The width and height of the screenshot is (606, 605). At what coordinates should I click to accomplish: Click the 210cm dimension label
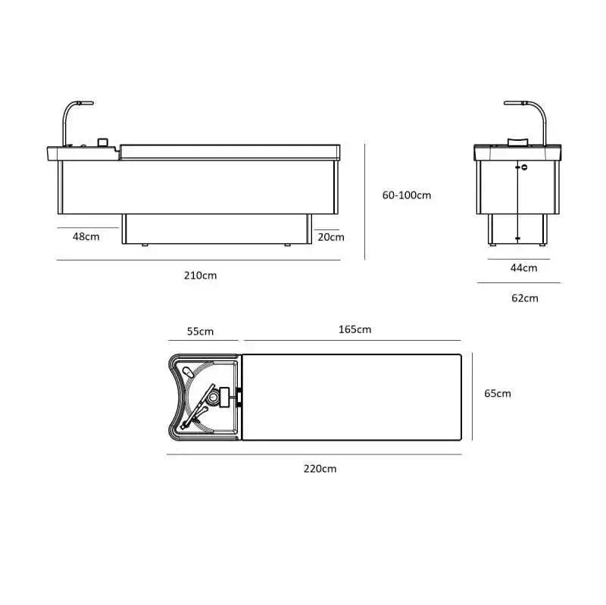pyautogui.click(x=200, y=276)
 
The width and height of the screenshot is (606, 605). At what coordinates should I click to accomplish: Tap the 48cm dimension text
pyautogui.click(x=86, y=236)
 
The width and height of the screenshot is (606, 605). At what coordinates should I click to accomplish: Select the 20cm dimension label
pyautogui.click(x=331, y=237)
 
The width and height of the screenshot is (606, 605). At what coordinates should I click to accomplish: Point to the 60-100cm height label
pyautogui.click(x=407, y=195)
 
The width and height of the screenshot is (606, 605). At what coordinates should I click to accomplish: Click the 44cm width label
pyautogui.click(x=523, y=268)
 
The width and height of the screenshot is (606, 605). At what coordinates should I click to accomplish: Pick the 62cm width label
pyautogui.click(x=524, y=298)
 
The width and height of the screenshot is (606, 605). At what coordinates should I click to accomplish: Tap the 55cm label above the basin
pyautogui.click(x=200, y=332)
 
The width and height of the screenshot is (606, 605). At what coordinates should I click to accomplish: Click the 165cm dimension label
pyautogui.click(x=355, y=329)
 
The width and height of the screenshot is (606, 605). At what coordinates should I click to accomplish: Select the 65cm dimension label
pyautogui.click(x=498, y=394)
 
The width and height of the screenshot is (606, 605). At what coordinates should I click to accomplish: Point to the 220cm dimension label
pyautogui.click(x=320, y=469)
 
